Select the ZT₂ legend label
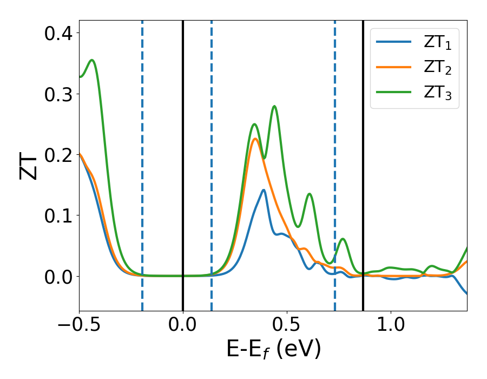tap(437, 69)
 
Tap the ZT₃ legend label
tap(437, 94)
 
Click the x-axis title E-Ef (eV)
tap(273, 349)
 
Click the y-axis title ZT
tap(28, 166)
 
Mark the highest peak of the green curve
tap(92, 60)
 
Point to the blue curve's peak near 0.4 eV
tap(264, 190)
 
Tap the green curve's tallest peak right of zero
tap(274, 106)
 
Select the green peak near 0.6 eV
tap(310, 194)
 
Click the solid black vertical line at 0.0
tap(183, 162)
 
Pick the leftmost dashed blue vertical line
tap(142, 162)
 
